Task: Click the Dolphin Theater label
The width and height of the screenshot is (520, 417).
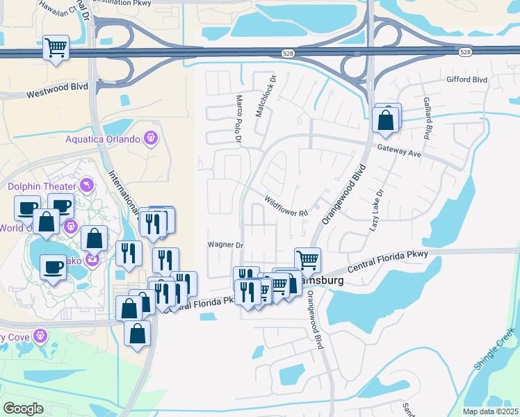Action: click(42, 186)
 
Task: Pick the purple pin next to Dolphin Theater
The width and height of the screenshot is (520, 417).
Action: click(86, 185)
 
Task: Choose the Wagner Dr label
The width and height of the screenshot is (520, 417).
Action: click(225, 245)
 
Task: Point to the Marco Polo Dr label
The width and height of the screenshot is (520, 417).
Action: click(238, 119)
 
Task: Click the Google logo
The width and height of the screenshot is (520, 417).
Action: click(23, 409)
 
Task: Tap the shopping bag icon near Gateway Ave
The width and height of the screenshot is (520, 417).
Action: click(386, 120)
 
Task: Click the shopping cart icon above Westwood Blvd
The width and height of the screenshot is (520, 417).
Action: click(56, 48)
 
